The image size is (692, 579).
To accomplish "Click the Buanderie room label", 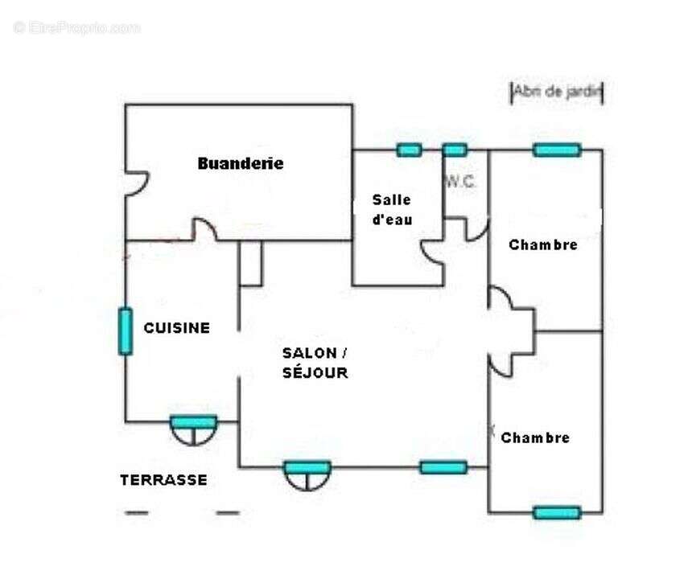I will [x=241, y=163].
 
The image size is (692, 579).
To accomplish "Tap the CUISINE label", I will [x=177, y=328].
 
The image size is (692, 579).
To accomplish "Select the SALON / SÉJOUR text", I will [x=315, y=363].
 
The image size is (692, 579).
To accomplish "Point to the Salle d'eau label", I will [x=392, y=209].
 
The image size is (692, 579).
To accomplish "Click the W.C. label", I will [x=461, y=183].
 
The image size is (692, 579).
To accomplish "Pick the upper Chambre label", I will [x=543, y=244].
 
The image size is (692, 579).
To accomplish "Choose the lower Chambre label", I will [x=535, y=437].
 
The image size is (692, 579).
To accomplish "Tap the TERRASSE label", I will [x=163, y=480].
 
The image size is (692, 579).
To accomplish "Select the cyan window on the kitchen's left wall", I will [x=126, y=331].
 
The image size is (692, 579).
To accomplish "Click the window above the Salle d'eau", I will [x=409, y=150].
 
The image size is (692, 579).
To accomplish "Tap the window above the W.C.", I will [x=455, y=150].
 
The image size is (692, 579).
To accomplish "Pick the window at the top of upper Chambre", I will [x=556, y=150].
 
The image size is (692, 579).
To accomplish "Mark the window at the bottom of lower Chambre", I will [x=556, y=512].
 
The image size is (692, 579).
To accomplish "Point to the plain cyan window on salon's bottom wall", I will [x=443, y=466].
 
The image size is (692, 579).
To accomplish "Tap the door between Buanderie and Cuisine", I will [x=204, y=231].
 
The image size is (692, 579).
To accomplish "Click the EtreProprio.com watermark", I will [x=76, y=27].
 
